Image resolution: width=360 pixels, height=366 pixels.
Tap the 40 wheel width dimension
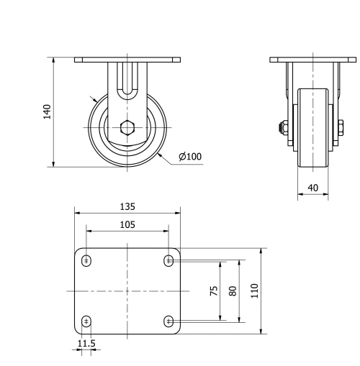(312, 188)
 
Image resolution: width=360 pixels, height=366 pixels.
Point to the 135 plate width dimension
(127, 206)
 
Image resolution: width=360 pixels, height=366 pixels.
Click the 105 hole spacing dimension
(127, 224)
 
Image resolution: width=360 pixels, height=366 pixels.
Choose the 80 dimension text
(232, 290)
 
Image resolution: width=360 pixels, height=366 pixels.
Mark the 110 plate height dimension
(255, 290)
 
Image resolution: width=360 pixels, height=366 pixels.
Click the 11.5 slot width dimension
(86, 344)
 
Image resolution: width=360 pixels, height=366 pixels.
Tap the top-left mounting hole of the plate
(86, 260)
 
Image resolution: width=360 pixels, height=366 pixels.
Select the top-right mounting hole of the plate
(168, 260)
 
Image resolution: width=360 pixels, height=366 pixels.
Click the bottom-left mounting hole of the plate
(86, 321)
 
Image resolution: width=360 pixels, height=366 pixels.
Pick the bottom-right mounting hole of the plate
(168, 321)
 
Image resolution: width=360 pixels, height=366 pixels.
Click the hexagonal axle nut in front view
(127, 129)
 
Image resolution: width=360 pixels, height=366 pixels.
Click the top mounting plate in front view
(127, 60)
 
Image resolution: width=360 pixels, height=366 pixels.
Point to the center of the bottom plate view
(127, 290)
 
